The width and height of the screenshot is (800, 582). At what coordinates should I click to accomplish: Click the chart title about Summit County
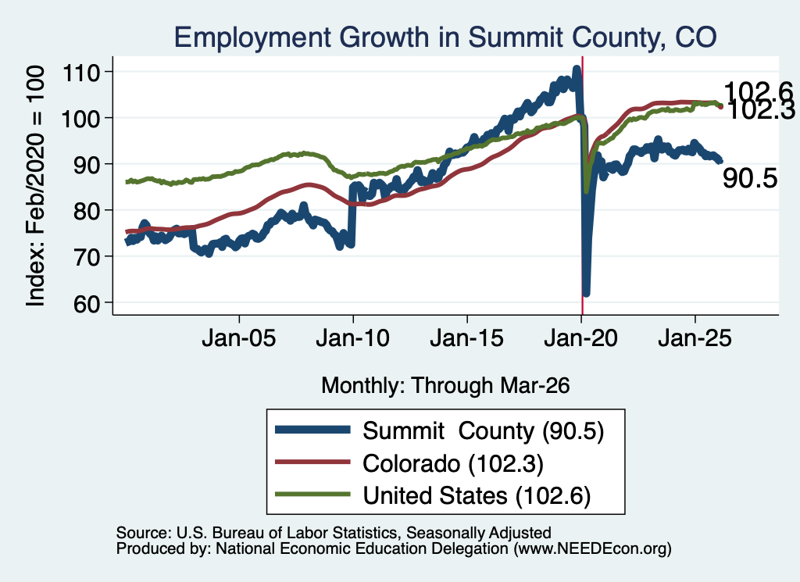point(445,37)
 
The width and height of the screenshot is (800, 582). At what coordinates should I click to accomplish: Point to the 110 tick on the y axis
point(80,73)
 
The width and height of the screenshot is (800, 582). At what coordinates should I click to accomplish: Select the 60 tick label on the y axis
point(87,303)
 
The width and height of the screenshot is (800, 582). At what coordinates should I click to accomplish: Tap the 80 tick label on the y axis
point(87,211)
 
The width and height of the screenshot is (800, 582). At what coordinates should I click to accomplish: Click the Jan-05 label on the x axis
point(239,338)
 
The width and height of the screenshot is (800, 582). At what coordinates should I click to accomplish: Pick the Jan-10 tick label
point(352,338)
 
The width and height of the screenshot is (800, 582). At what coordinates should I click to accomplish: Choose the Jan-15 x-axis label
point(467,338)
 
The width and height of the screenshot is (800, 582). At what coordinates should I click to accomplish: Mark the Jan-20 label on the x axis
point(581,338)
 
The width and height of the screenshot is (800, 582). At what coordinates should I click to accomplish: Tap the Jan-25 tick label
point(695,338)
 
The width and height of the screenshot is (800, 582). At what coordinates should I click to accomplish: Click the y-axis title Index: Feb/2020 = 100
point(35,186)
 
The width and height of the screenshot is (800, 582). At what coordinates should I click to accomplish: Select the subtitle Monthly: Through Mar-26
point(445,386)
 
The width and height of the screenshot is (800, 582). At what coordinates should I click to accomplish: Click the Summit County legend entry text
point(483,431)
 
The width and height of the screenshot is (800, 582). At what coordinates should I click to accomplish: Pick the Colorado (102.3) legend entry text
point(453,464)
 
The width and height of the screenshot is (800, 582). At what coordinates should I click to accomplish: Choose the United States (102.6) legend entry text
point(477,496)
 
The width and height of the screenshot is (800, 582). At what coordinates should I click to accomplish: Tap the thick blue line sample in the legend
point(312,430)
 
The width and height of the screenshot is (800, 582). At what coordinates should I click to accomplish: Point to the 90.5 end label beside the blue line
point(750,179)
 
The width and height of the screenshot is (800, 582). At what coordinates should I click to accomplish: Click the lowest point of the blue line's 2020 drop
point(586,293)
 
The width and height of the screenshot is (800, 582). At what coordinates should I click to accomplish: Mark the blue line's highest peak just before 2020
point(577,68)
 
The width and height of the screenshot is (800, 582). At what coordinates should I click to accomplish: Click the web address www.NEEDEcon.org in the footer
point(592,549)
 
